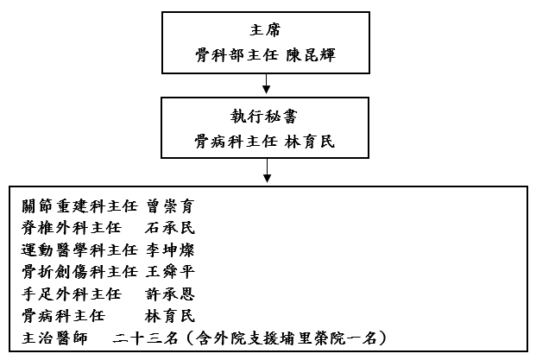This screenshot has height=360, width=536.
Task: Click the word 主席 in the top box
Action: (x=267, y=28)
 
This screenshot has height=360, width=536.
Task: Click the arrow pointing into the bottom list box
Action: (x=267, y=172)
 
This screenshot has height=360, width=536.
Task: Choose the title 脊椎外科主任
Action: (x=72, y=229)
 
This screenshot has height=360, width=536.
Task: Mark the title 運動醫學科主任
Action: (x=79, y=250)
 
